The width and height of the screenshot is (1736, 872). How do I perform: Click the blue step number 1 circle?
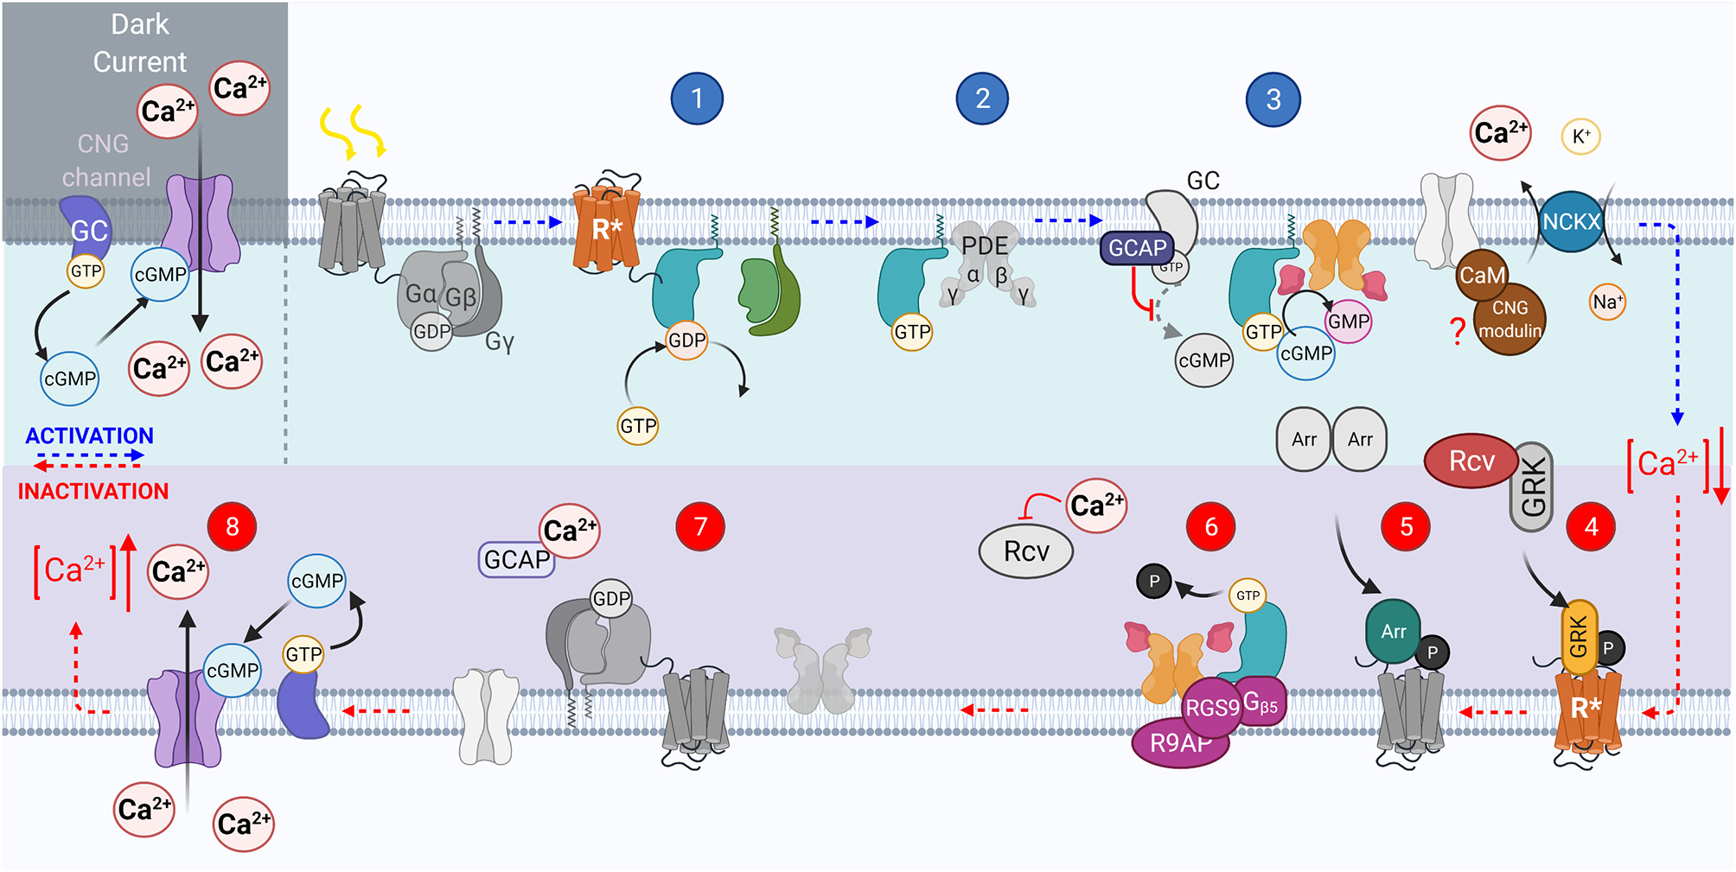click(697, 99)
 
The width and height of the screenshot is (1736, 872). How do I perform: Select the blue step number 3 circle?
click(1273, 99)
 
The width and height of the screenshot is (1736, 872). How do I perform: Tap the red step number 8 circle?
click(232, 526)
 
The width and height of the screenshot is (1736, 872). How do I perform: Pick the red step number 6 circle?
click(1210, 526)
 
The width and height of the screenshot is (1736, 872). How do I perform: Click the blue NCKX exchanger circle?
click(1571, 221)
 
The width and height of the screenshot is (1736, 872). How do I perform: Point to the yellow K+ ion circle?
click(1580, 137)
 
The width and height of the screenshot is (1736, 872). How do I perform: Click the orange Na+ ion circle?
click(1607, 302)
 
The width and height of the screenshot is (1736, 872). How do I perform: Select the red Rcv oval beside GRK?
click(1471, 461)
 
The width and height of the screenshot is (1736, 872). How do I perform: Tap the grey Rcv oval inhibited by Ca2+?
click(1025, 551)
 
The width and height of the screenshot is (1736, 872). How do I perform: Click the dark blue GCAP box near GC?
click(1137, 248)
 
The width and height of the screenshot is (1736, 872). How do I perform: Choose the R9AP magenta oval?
click(1179, 742)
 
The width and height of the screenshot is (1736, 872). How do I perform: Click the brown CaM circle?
click(1482, 275)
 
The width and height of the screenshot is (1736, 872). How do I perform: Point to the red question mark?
click(1458, 331)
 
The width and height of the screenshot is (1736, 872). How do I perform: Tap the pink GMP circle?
click(1348, 321)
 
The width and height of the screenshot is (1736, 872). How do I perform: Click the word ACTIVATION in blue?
click(89, 436)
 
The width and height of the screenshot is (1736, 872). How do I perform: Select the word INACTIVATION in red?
click(93, 492)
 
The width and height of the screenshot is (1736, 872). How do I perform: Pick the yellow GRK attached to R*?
click(1578, 638)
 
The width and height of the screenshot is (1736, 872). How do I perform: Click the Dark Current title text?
click(140, 43)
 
